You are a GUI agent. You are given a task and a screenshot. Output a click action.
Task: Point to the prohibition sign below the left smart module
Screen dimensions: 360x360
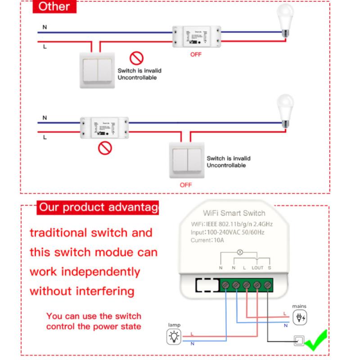(x=105, y=148)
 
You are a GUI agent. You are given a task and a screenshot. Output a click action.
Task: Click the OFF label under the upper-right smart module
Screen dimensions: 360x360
(x=196, y=54)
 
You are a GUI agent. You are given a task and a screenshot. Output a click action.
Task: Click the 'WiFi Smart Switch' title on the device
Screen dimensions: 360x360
(x=234, y=213)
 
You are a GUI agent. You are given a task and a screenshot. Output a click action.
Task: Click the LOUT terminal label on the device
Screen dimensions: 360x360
(x=257, y=268)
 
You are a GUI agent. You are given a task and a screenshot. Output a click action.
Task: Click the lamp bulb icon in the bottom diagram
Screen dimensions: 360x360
(x=174, y=337)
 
